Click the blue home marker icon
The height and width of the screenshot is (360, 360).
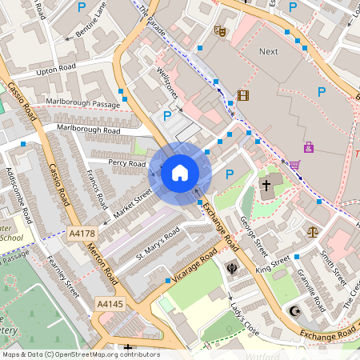pos(180,172)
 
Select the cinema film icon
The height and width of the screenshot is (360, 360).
pos(243,95)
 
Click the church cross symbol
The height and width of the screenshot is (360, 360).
pos(266,186)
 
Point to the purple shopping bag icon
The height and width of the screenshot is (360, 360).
pos(309,147)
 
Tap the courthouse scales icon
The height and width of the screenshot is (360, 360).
pos(313,230)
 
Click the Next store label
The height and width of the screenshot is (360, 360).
pos(269,51)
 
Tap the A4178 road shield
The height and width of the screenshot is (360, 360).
pos(82,234)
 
